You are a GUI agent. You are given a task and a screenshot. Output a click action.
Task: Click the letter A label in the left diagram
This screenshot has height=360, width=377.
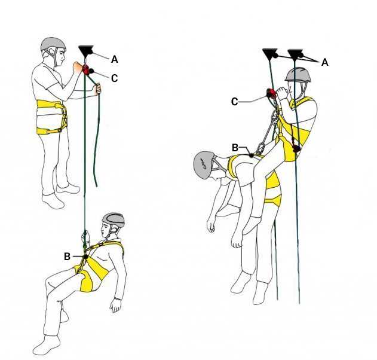[x=115, y=59]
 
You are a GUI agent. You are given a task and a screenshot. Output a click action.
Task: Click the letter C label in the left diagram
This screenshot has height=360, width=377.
[x=115, y=78]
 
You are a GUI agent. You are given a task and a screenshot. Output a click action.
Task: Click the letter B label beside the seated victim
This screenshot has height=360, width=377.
[x=67, y=257]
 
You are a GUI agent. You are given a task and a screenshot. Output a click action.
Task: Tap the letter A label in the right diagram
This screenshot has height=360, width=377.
[x=325, y=62]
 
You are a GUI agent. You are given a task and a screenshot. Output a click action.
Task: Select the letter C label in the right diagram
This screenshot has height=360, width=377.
[x=234, y=102]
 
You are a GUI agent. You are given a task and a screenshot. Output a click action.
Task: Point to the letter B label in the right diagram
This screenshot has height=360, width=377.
[x=235, y=148]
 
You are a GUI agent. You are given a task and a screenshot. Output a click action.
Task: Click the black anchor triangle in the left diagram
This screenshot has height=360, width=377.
[x=86, y=50]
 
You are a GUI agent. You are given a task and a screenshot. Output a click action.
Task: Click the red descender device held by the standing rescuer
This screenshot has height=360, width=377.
[x=85, y=69]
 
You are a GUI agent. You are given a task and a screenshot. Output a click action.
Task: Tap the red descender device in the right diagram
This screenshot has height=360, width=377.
[x=271, y=93]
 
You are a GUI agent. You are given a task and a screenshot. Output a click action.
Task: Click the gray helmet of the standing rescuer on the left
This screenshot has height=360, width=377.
[x=53, y=44]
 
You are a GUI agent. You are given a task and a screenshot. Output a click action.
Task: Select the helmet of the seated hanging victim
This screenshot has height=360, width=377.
[x=114, y=219]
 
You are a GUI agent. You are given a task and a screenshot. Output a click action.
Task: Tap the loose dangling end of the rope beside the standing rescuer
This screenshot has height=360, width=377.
[x=96, y=185]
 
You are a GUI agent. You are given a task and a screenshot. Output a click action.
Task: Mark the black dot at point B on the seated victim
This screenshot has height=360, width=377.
[x=86, y=257]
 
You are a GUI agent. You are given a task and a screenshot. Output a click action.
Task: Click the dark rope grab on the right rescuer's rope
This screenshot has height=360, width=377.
[x=297, y=148]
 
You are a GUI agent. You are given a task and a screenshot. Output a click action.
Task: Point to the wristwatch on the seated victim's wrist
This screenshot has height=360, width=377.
[x=117, y=299]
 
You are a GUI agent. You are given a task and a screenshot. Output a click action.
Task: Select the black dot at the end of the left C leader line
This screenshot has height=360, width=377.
[x=91, y=71]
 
